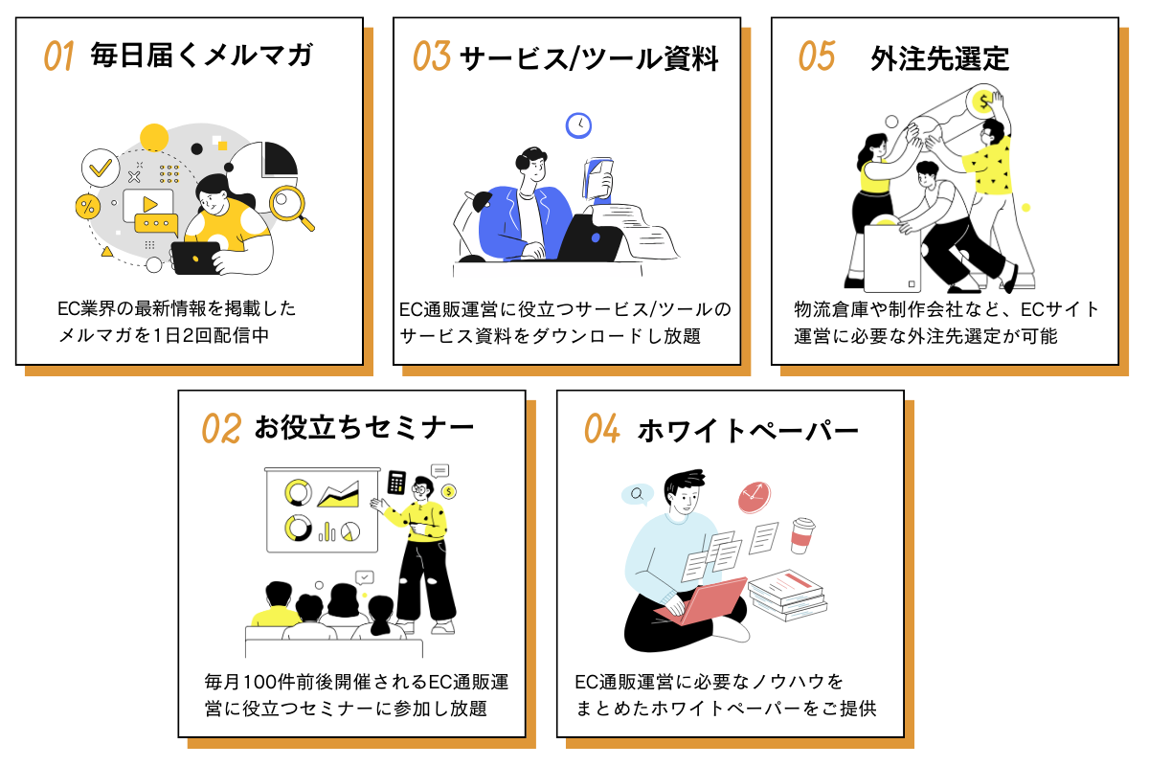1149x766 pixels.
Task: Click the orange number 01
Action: coord(59,56)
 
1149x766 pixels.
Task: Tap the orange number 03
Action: coord(432,56)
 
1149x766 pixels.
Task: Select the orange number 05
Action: coord(817,56)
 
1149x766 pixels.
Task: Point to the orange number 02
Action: coord(220,428)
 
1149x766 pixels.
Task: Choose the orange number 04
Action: coord(602,429)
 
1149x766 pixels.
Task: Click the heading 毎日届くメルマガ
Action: coord(201,56)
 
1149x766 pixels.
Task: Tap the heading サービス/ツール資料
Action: coord(589,57)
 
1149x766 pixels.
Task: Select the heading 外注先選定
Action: coord(940,57)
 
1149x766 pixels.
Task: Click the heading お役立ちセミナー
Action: coord(364,428)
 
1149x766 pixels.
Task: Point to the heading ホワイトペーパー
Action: coord(748,430)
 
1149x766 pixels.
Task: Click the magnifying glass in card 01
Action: coord(289,205)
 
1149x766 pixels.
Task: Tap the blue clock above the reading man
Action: coord(578,124)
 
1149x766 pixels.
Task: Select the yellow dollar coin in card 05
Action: coord(981,101)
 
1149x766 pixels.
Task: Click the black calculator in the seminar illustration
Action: coord(396,482)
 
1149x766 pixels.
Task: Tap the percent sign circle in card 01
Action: coord(88,206)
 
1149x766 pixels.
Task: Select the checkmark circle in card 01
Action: coord(99,168)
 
